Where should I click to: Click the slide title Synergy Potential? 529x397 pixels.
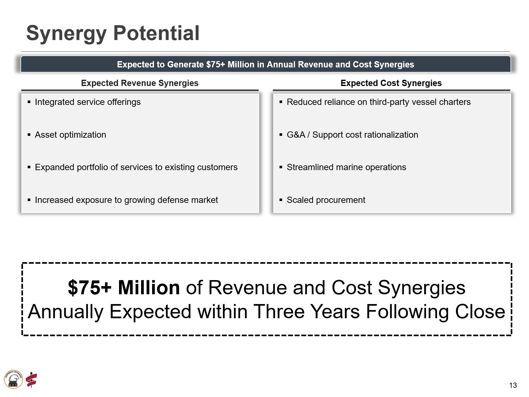click(x=113, y=33)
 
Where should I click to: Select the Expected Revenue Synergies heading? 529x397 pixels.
click(x=139, y=83)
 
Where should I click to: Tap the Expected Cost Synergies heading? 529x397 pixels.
click(x=391, y=83)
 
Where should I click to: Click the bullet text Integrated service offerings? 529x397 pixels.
click(x=88, y=102)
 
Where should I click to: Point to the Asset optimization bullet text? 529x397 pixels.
click(x=70, y=135)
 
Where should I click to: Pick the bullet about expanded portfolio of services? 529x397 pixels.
click(x=136, y=167)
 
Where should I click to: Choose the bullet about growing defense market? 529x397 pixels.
click(x=126, y=200)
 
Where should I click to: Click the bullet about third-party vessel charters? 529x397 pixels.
click(x=378, y=102)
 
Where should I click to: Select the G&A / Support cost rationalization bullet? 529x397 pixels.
click(x=352, y=135)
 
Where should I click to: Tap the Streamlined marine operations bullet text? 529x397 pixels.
click(x=346, y=167)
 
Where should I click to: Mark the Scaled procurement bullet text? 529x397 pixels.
click(x=326, y=200)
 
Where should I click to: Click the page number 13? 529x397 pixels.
click(x=513, y=385)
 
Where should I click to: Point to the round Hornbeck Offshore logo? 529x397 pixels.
click(x=14, y=379)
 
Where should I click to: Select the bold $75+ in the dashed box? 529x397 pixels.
click(x=90, y=287)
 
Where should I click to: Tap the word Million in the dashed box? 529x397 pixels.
click(x=149, y=287)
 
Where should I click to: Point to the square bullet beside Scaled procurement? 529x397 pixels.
click(x=281, y=200)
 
